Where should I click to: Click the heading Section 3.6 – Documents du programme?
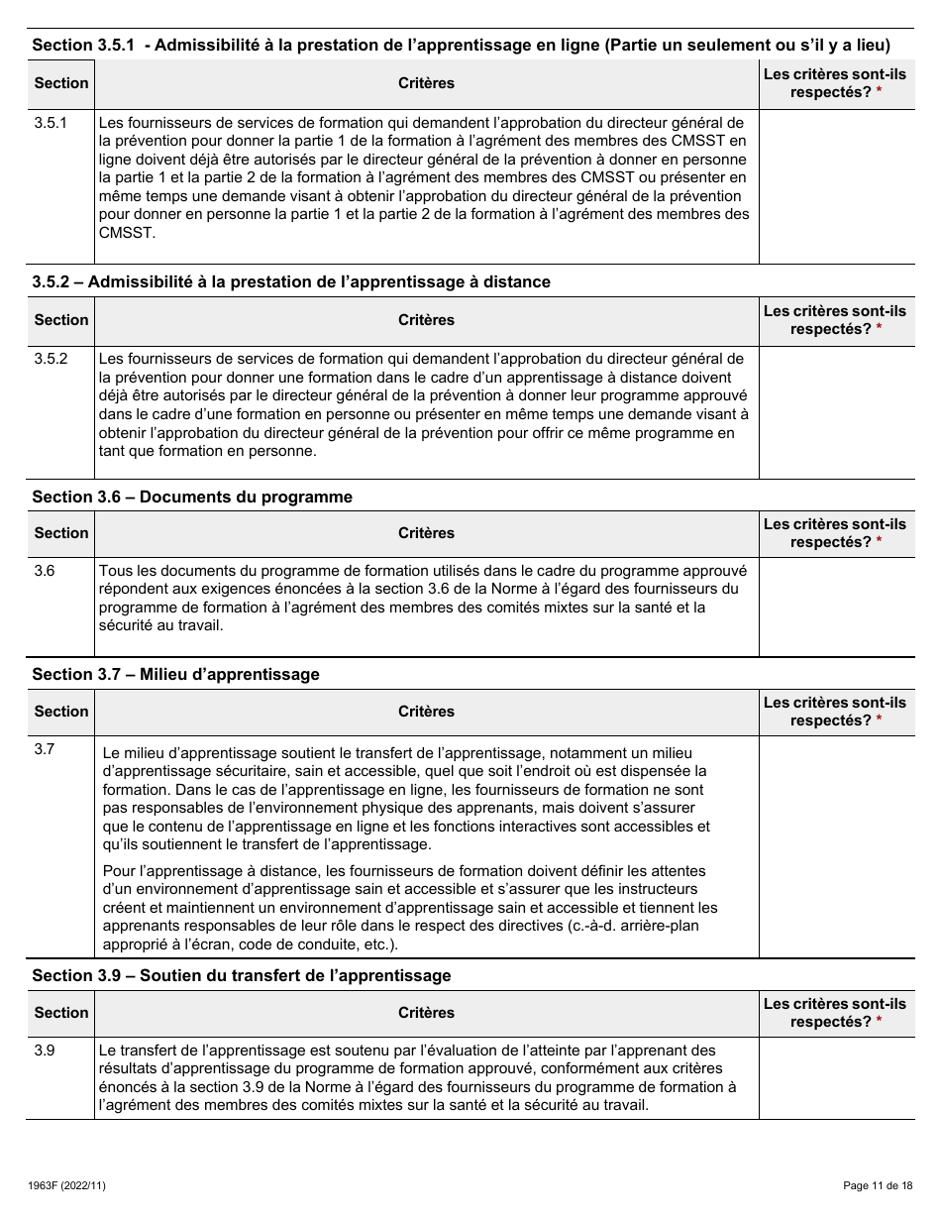(x=192, y=497)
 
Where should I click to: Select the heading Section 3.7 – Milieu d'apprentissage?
(x=175, y=674)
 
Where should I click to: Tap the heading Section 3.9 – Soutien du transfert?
(x=241, y=975)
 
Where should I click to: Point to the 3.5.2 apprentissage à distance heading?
(x=291, y=281)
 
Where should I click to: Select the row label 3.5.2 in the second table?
(x=51, y=358)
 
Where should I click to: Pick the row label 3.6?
(x=45, y=571)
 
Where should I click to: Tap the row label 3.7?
(x=45, y=748)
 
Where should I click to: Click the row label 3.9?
(x=45, y=1050)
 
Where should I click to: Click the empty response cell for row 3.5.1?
(x=836, y=185)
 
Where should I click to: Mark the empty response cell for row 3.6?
(x=836, y=607)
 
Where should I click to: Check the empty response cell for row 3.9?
(x=836, y=1077)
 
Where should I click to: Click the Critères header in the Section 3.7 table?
(x=426, y=712)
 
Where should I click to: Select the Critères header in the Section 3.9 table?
(x=426, y=1013)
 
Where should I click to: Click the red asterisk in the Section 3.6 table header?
(x=879, y=542)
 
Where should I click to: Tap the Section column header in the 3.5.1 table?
(x=61, y=83)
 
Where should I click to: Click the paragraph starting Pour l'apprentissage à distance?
(x=410, y=907)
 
